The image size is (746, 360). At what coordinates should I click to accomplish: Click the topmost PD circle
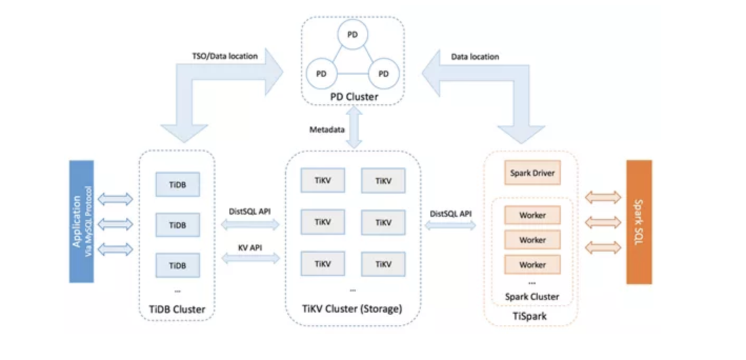[x=352, y=35]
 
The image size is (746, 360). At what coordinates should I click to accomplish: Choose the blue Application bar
[x=82, y=222]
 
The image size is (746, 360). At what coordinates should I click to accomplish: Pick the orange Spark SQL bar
[x=639, y=222]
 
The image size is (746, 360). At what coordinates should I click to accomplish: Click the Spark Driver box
[x=532, y=173]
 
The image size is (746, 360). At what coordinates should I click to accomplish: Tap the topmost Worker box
[x=532, y=215]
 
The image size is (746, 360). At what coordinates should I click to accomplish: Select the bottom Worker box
[x=532, y=265]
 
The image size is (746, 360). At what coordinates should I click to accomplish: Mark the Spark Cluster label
[x=532, y=296]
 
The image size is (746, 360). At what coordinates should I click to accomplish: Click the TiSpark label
[x=531, y=316]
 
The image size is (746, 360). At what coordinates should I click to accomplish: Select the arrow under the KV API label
[x=250, y=258]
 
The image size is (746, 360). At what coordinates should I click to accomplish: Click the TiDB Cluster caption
[x=177, y=309]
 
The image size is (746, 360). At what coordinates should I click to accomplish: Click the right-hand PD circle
[x=384, y=74]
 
